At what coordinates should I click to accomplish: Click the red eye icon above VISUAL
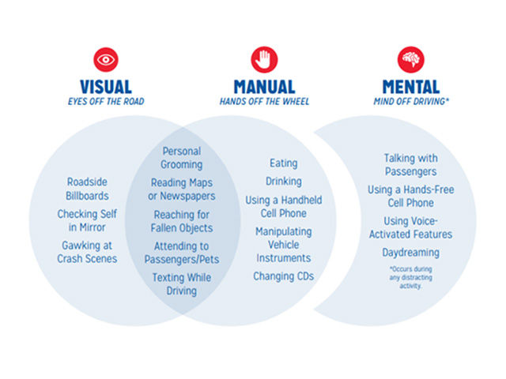pos(106,59)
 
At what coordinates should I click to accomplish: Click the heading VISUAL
pos(106,86)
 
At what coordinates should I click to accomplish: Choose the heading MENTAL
pos(411,86)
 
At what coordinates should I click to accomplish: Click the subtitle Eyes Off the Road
pos(106,101)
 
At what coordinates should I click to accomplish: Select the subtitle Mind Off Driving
pos(411,101)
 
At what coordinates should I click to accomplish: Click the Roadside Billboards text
pos(88,189)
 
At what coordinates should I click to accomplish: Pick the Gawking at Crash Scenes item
pos(88,252)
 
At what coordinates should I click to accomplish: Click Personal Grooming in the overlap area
pos(181,158)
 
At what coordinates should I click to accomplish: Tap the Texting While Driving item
pos(181,283)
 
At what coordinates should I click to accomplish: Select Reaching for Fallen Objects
pos(181,221)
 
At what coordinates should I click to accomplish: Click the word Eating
pos(283,163)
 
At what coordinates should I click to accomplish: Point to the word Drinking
pos(283,182)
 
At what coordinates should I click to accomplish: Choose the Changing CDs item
pos(283,276)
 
